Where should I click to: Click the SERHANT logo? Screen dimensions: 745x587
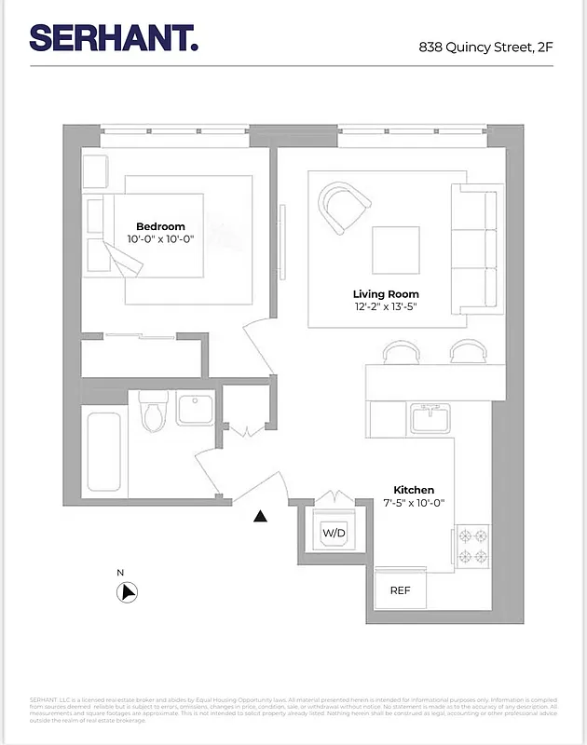tap(113, 37)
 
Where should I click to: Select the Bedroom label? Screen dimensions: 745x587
tap(160, 226)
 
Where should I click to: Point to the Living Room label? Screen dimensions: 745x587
tap(386, 294)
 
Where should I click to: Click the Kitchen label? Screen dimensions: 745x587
tap(414, 490)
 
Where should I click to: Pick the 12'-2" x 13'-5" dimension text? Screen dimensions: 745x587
tap(386, 307)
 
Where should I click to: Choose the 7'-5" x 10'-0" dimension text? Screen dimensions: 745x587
tap(414, 503)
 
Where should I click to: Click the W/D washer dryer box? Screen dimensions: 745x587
tap(334, 533)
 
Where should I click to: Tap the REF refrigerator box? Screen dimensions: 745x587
tap(400, 590)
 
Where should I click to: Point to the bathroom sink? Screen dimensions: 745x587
tap(195, 410)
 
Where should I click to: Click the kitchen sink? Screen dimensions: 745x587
tap(431, 419)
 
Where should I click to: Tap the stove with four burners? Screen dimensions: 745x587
tap(471, 548)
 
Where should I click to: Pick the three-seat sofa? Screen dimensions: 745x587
tap(474, 249)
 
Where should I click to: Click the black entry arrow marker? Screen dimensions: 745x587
tap(262, 515)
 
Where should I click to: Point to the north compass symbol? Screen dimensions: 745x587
tap(128, 591)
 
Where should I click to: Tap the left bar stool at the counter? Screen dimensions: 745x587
tap(403, 351)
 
